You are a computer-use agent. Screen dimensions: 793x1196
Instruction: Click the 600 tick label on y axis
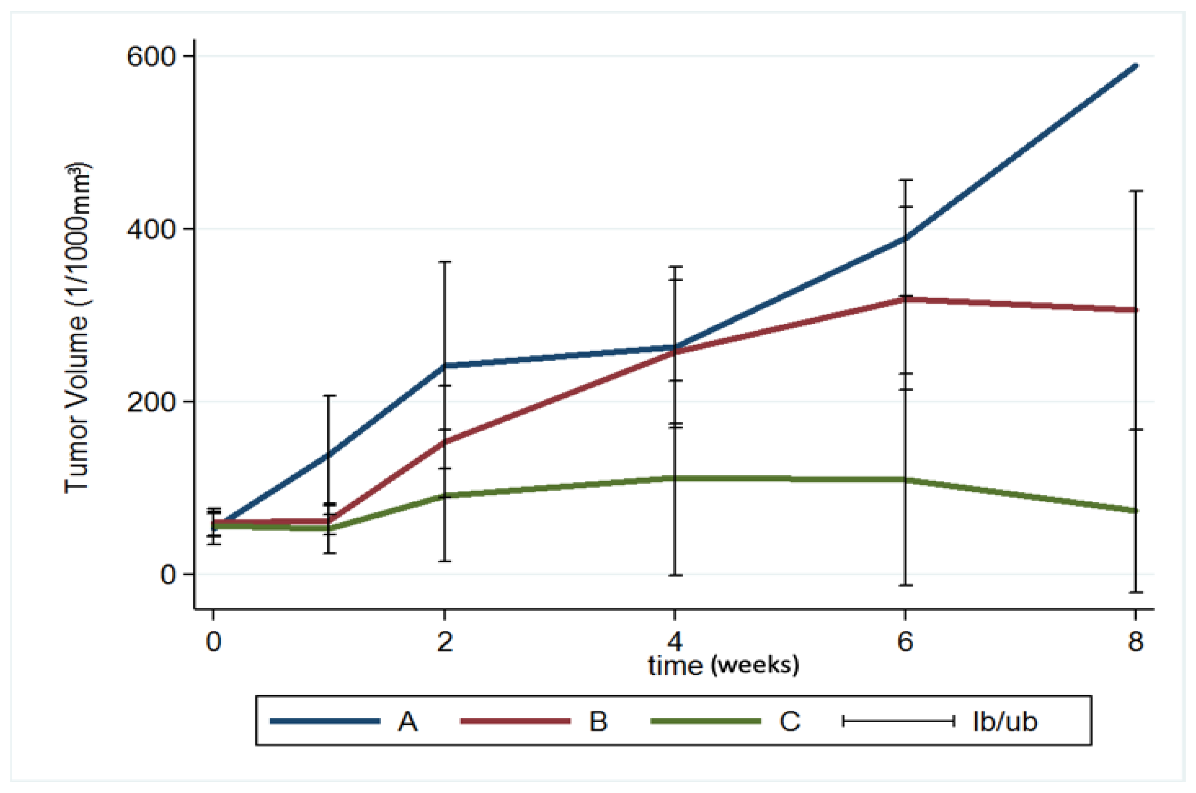coord(150,56)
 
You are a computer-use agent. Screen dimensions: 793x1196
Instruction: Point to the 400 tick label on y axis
coord(150,229)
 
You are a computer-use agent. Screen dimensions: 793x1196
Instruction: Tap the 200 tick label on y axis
coord(150,402)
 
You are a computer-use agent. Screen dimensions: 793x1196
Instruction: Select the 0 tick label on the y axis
coord(168,575)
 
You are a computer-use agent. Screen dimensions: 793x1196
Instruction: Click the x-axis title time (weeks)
coord(723,666)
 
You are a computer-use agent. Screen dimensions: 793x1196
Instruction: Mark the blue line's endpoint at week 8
coord(1136,66)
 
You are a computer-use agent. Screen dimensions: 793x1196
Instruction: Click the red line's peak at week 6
coord(905,299)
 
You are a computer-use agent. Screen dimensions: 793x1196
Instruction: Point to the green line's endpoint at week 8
coord(1136,511)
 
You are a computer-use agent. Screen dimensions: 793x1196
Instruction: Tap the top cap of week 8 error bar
coord(1136,191)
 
